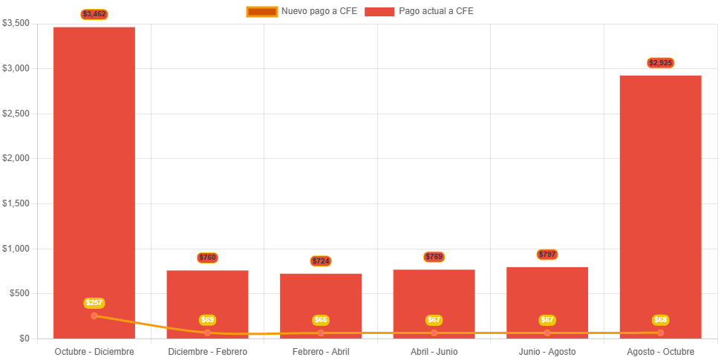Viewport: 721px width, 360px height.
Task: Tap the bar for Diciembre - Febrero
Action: point(207,297)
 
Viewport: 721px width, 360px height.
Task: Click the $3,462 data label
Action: point(94,14)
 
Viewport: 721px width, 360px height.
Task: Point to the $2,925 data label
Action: point(660,63)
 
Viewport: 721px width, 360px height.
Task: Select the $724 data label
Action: point(321,261)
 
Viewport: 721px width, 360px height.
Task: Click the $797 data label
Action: point(547,255)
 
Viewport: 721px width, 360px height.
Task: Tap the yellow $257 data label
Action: point(94,303)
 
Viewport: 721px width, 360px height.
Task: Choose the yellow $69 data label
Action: point(207,320)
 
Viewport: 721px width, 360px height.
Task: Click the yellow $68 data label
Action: point(660,320)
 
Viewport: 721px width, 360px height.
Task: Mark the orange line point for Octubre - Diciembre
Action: point(94,315)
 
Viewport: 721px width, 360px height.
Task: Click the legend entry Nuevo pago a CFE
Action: point(301,11)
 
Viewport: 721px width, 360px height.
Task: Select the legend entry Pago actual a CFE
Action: point(420,11)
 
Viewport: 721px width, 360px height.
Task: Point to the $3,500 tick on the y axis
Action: point(16,23)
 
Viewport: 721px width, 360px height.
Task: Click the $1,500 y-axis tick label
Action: point(16,203)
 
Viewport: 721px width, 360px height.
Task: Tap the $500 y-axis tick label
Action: point(19,293)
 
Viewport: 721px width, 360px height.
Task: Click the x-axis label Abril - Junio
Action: point(434,351)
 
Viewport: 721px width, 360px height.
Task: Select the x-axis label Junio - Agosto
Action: point(547,351)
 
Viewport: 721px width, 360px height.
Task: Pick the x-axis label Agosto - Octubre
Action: point(660,351)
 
